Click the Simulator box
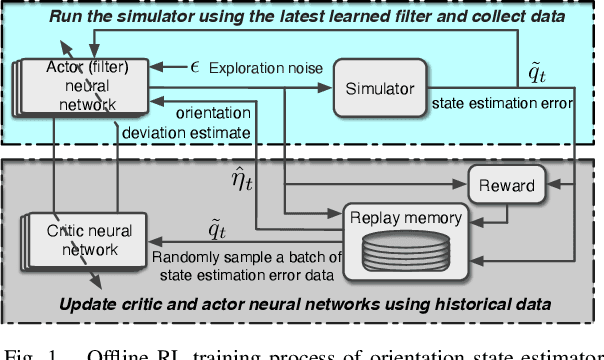point(379,89)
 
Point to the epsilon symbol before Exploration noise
point(196,67)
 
